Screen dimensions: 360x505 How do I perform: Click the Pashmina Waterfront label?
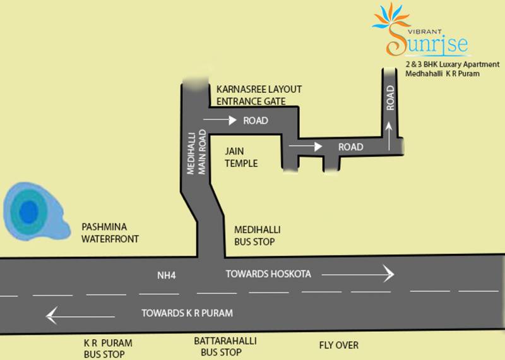point(110,233)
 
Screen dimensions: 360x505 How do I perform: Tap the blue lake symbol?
point(29,212)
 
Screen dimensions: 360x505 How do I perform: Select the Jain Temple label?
point(241,157)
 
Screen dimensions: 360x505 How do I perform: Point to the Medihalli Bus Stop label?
point(257,236)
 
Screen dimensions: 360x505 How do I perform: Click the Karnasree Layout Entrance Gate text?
point(259,95)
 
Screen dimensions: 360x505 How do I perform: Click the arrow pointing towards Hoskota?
point(358,274)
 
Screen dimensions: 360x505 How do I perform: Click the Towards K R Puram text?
point(187,313)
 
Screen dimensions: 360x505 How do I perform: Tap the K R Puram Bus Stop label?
point(108,348)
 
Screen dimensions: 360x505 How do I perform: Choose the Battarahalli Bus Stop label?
point(222,345)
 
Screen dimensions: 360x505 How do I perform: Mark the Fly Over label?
point(339,345)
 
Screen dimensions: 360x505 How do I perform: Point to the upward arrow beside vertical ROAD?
point(390,135)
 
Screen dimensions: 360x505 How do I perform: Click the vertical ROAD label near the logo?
point(391,99)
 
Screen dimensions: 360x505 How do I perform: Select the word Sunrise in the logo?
point(429,43)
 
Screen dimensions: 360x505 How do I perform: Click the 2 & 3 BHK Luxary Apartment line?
point(452,64)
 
